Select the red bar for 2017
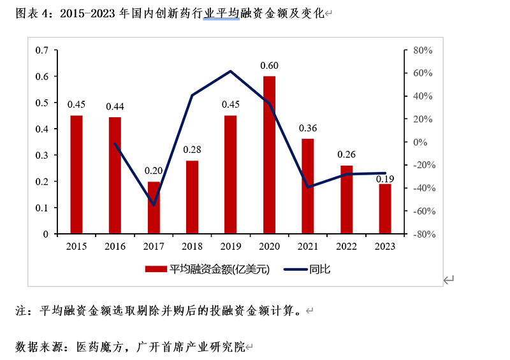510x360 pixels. [x=154, y=208]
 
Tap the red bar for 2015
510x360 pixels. [x=76, y=175]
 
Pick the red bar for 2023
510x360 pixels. [x=384, y=209]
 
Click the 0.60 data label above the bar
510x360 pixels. [x=269, y=66]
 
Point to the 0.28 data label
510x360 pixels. [x=192, y=150]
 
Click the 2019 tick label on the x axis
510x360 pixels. [x=231, y=246]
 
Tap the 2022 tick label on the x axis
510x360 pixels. [x=346, y=246]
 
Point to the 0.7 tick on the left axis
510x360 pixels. [x=42, y=50]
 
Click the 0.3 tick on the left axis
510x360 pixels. [x=42, y=155]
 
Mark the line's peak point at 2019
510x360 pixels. [x=231, y=71]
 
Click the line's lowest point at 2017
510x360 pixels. [x=154, y=205]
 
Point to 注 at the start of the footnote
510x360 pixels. [x=21, y=312]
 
